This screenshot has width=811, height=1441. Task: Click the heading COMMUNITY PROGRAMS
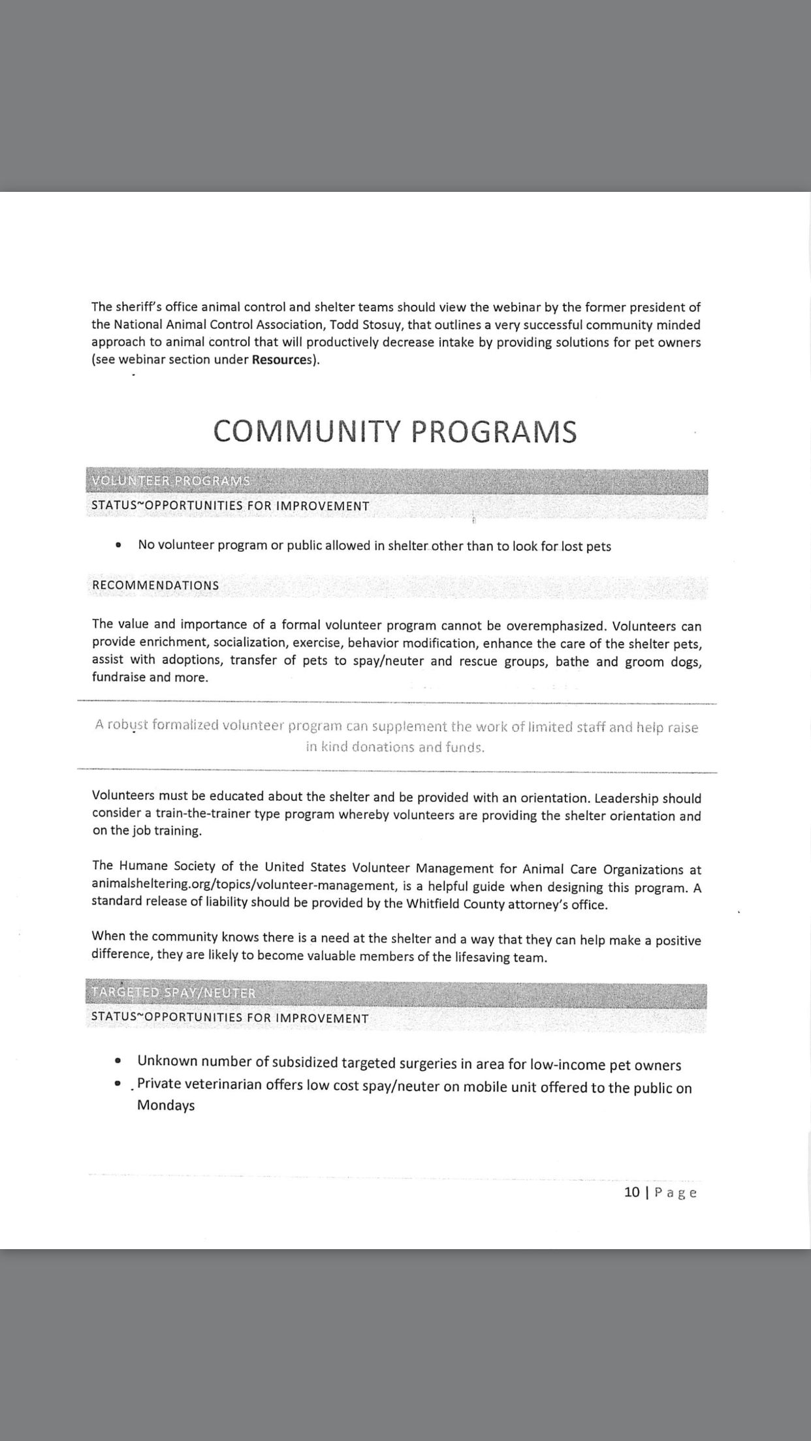coord(395,431)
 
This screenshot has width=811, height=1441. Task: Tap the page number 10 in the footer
coord(631,1192)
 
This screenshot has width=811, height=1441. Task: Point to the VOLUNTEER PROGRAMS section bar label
coord(171,481)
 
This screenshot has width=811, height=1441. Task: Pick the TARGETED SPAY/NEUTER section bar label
coord(174,993)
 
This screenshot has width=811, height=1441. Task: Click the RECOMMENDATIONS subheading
coord(155,585)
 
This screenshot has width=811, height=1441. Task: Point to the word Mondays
coord(166,1105)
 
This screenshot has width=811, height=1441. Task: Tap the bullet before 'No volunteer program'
coord(118,545)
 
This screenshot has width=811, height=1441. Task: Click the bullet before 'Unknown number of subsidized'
coord(118,1061)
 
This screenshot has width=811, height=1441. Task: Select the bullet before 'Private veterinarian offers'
coord(118,1083)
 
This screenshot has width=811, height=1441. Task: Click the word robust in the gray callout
coord(127,725)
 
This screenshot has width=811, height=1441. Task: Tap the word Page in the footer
coord(676,1192)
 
